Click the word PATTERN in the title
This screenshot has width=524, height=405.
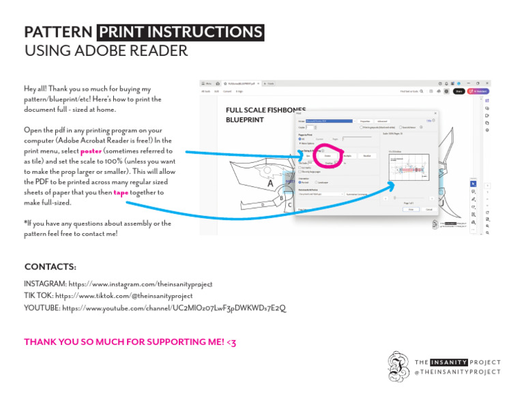click(x=58, y=33)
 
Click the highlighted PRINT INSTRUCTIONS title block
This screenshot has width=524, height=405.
click(x=180, y=33)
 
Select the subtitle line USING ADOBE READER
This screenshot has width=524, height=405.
click(x=106, y=51)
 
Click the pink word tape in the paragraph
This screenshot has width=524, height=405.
click(x=121, y=192)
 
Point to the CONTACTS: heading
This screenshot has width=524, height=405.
click(x=50, y=267)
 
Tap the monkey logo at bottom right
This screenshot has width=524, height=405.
click(x=398, y=366)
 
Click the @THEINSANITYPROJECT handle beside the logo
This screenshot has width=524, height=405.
click(x=457, y=372)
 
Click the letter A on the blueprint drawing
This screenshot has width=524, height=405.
click(x=270, y=183)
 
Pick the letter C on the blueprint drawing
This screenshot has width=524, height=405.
click(x=289, y=204)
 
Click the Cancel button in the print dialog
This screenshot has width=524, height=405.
click(x=429, y=209)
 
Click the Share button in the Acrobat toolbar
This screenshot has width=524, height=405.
click(x=459, y=91)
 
